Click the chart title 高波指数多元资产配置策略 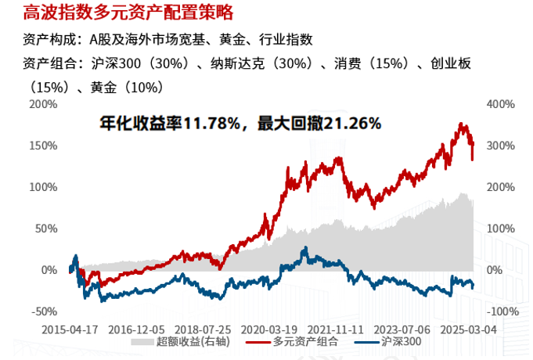pyautogui.click(x=128, y=13)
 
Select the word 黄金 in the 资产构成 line pyautogui.click(x=226, y=39)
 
